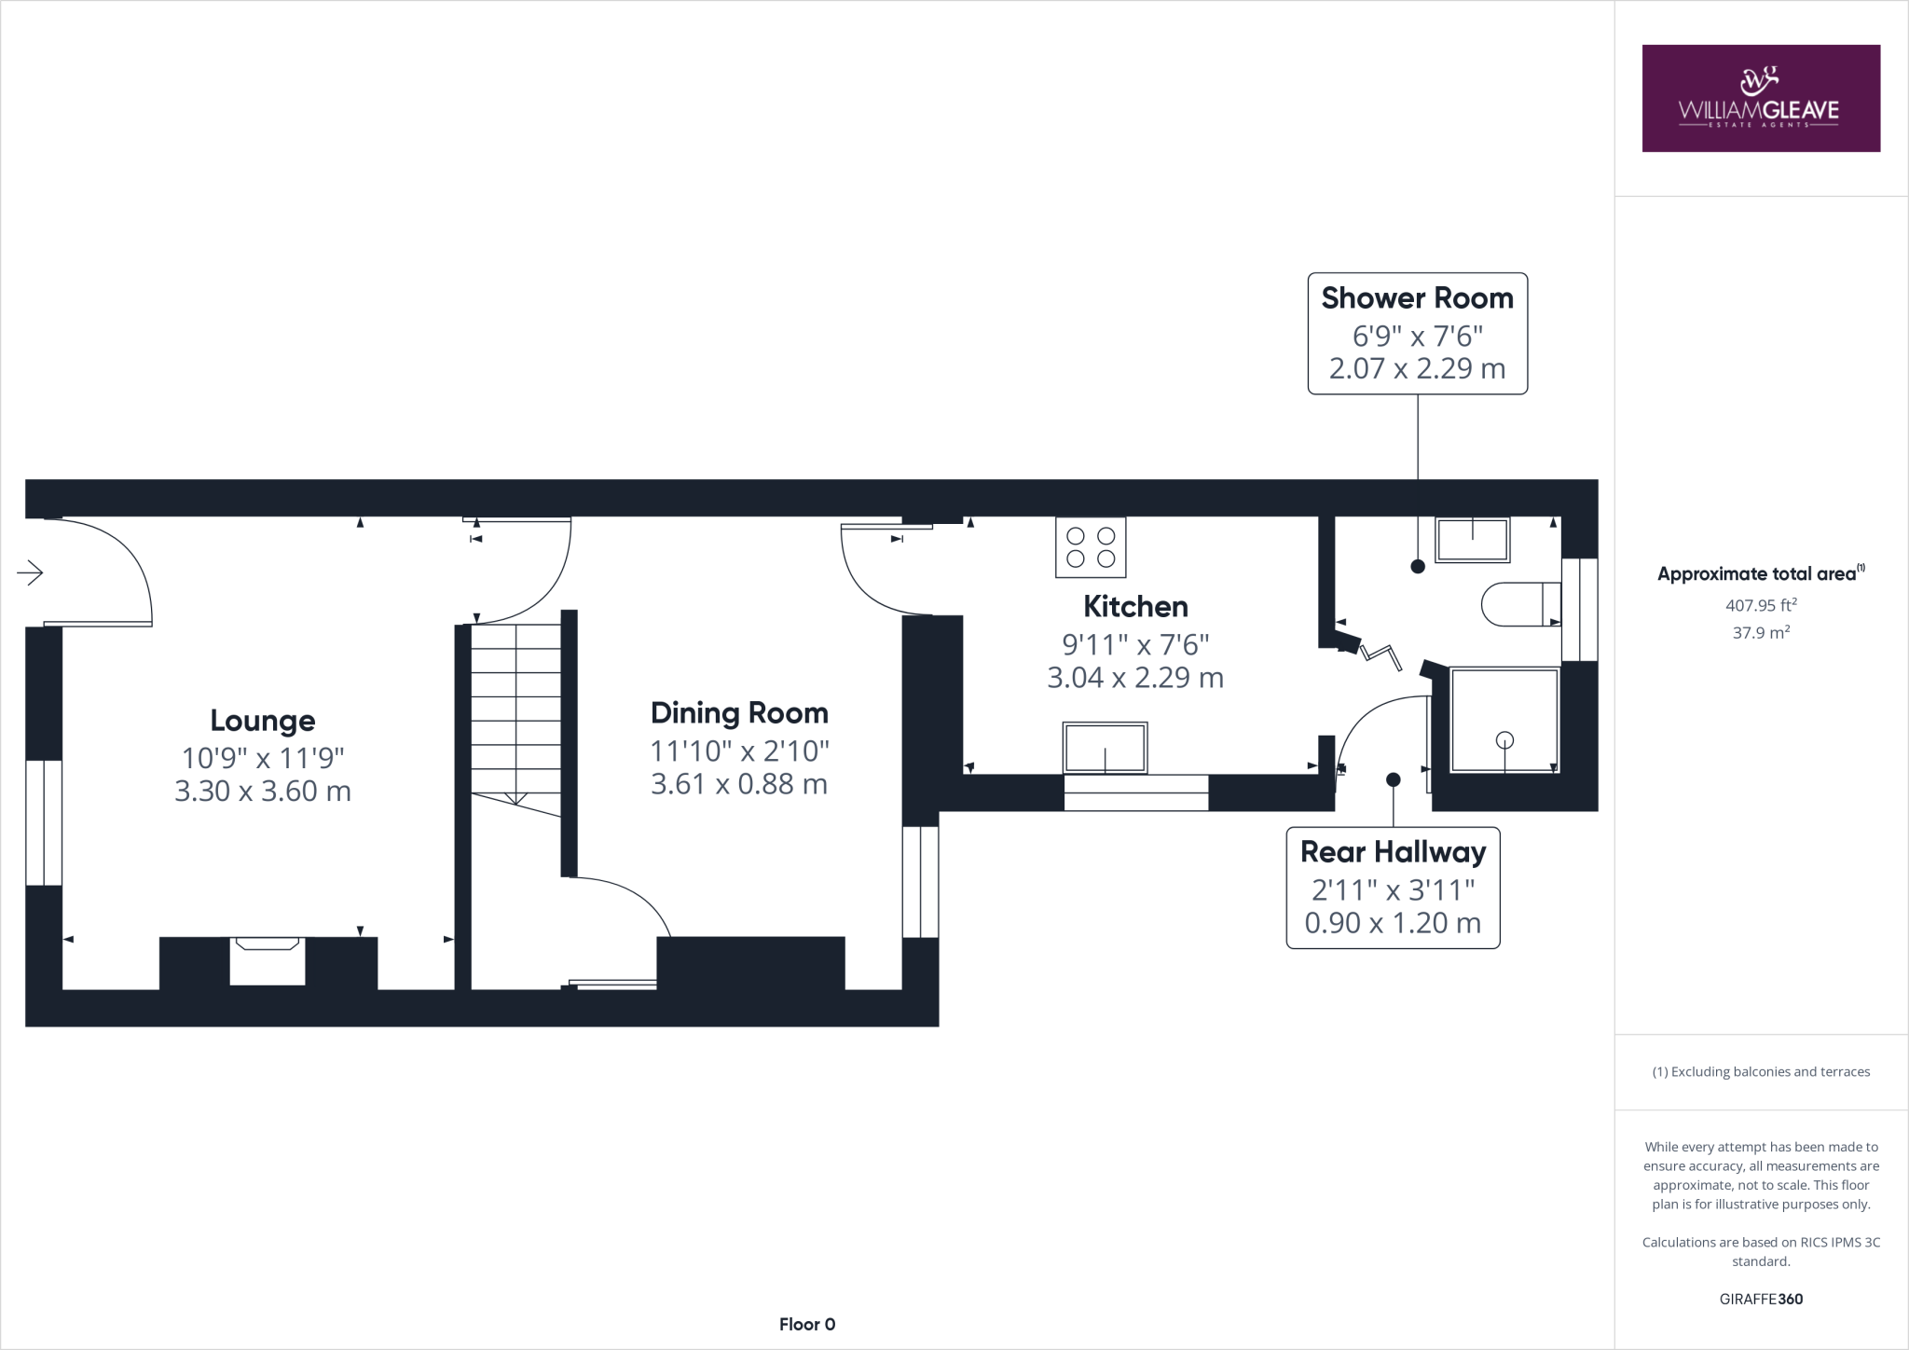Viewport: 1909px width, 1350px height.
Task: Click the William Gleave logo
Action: click(1761, 98)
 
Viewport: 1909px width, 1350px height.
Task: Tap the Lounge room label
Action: click(263, 721)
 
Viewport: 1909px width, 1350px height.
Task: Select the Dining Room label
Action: click(739, 713)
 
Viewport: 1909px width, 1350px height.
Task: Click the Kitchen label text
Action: click(1135, 607)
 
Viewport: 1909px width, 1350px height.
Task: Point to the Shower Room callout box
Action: click(1417, 333)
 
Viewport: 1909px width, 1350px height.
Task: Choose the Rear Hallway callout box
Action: click(1393, 888)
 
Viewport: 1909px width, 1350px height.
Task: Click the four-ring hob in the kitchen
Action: click(1091, 547)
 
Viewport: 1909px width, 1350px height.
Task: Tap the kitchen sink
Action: click(1105, 748)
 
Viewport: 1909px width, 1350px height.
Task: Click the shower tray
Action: click(1504, 720)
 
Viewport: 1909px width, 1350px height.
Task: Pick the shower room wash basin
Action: click(1472, 540)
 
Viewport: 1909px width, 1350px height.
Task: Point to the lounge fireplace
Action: click(268, 960)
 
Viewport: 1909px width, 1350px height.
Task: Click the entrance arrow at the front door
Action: click(30, 572)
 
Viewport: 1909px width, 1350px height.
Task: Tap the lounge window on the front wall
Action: click(44, 822)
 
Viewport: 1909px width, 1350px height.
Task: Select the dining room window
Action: click(920, 881)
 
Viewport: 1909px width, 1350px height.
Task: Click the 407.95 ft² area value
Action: click(1761, 605)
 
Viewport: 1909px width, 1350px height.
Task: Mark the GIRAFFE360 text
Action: click(1761, 1299)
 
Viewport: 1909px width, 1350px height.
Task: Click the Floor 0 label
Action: click(807, 1324)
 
